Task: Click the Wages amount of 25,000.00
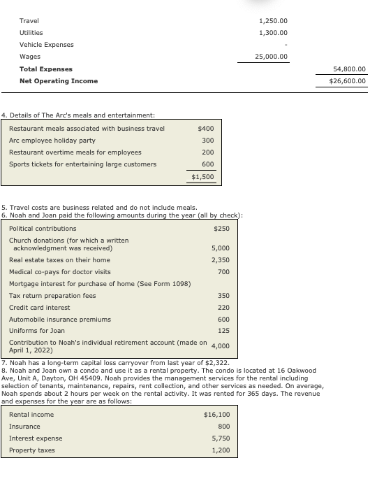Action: (272, 57)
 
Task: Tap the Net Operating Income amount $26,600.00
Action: (348, 81)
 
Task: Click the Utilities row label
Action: (31, 33)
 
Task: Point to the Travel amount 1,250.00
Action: (273, 21)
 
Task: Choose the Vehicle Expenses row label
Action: (46, 45)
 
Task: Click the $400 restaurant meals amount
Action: (206, 129)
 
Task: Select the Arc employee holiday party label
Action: (52, 141)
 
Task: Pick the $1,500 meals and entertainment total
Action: (202, 177)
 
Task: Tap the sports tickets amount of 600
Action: (207, 164)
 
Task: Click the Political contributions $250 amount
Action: (221, 229)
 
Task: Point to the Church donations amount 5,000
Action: (221, 248)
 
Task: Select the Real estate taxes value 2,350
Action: (221, 260)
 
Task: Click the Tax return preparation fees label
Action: (52, 296)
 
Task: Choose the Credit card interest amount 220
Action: (223, 308)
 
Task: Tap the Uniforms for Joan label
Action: (37, 331)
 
